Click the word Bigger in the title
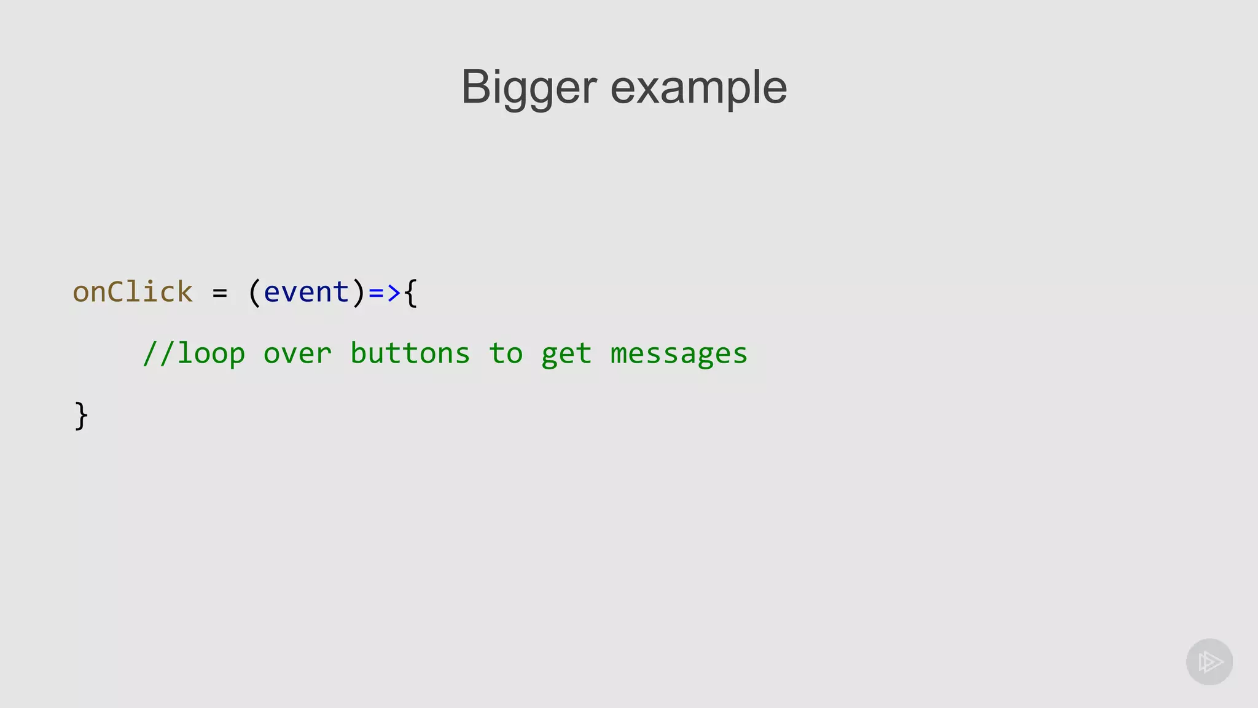529,88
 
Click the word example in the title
698,88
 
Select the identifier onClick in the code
133,292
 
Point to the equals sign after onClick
220,293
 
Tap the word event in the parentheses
307,292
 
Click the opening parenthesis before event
254,292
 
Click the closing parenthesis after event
359,292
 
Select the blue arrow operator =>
385,293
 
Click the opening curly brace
411,293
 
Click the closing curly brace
81,416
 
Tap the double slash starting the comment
159,353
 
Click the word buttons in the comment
410,353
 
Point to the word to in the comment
506,353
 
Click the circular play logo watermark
1209,662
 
